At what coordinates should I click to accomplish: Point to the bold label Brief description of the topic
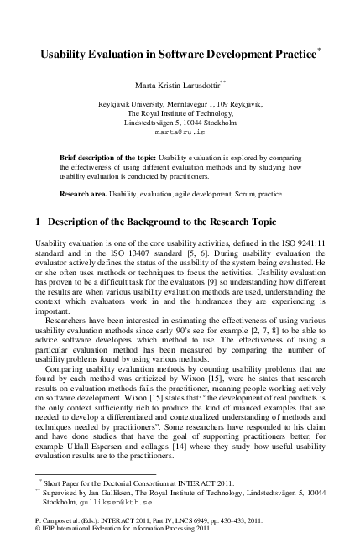point(110,158)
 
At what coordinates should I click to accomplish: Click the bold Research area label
point(82,193)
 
